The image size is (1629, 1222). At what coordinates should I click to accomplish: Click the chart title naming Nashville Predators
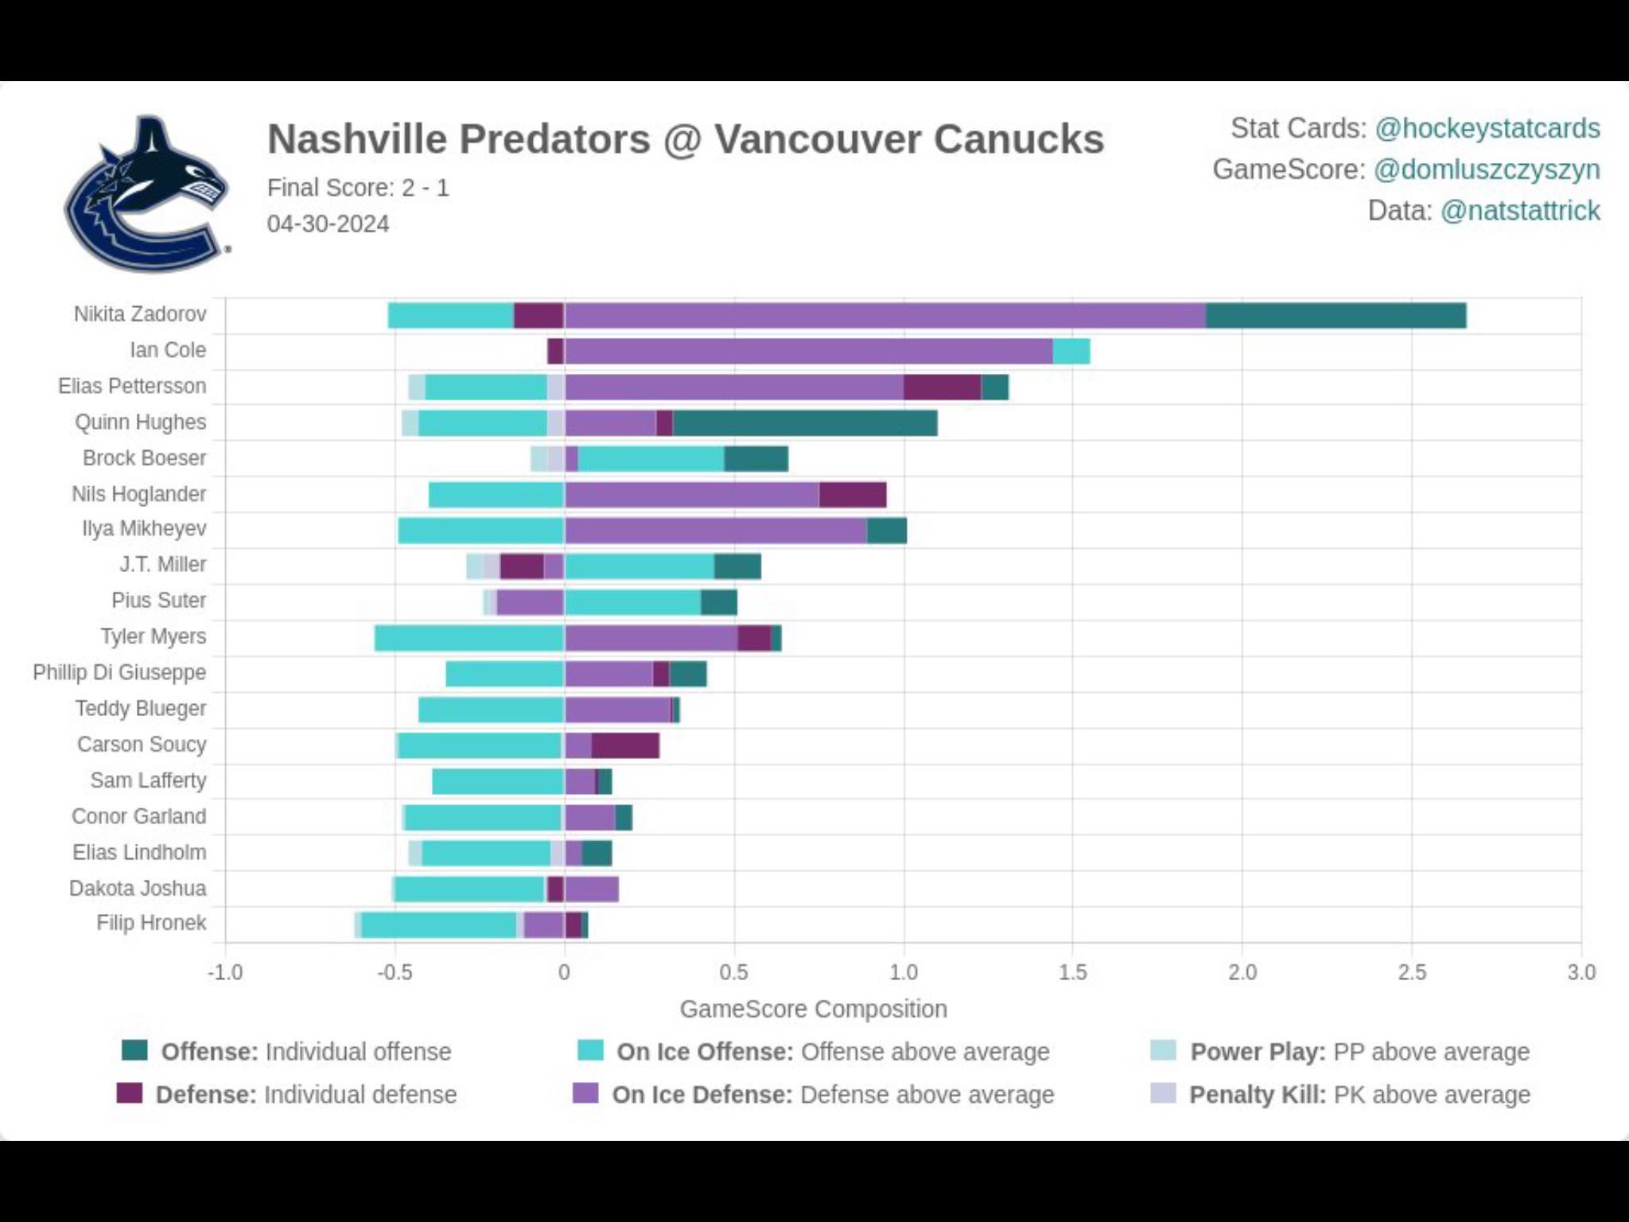coord(685,139)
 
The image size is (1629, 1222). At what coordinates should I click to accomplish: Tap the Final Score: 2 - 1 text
coord(358,188)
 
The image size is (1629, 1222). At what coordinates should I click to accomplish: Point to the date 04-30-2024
coord(328,224)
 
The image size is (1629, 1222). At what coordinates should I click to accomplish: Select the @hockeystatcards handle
coord(1487,128)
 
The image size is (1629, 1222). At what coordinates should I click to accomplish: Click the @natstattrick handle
coord(1519,211)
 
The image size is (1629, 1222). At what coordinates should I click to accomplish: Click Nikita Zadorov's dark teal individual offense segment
coord(1335,316)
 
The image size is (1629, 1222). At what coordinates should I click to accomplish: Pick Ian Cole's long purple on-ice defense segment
coord(808,351)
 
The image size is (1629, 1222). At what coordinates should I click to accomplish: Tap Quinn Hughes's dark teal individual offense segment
coord(804,423)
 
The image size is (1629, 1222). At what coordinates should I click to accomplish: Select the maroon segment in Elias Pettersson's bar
coord(942,387)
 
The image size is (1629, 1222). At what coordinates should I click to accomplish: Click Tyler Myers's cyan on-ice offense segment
coord(469,638)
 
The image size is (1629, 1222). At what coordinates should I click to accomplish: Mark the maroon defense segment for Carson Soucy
coord(625,745)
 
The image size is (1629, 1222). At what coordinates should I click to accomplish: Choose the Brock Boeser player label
coord(144,458)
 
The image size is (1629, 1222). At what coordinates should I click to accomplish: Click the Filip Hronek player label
coord(151,923)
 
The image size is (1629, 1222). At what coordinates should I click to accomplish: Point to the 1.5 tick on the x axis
coord(1072,972)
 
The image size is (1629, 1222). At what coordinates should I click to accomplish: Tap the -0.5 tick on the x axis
coord(394,972)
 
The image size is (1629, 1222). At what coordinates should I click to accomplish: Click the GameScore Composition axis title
coord(813,1009)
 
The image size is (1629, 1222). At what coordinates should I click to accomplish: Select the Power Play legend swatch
coord(1163,1050)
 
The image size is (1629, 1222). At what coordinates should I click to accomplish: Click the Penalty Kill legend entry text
coord(1359,1095)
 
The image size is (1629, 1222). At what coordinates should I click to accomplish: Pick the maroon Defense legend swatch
coord(129,1093)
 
